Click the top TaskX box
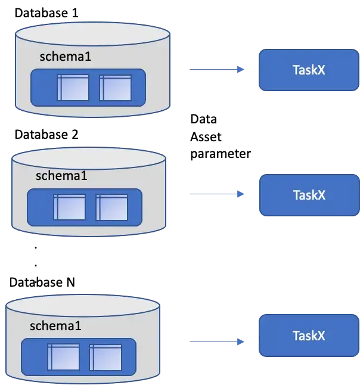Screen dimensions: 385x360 pos(309,70)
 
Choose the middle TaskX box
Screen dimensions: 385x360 pos(309,195)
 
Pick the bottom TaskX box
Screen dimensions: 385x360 pos(309,336)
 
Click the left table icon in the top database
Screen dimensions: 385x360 pos(73,88)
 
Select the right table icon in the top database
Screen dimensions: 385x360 pos(115,88)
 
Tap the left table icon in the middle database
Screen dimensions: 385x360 pos(69,207)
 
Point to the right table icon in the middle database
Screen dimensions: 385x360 pos(111,207)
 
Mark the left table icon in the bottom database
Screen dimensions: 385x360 pos(63,357)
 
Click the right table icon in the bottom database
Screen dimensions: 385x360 pos(105,357)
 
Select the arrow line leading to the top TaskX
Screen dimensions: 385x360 pos(211,70)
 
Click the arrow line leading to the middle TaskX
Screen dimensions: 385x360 pos(211,194)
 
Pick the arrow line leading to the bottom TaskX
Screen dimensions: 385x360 pos(211,341)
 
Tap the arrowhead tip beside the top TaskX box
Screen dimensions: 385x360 pos(240,70)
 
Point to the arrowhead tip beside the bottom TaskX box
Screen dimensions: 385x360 pos(240,342)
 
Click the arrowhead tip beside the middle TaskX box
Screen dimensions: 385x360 pos(240,194)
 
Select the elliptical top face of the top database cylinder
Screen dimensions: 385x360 pos(92,33)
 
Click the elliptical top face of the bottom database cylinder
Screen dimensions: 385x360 pos(82,305)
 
